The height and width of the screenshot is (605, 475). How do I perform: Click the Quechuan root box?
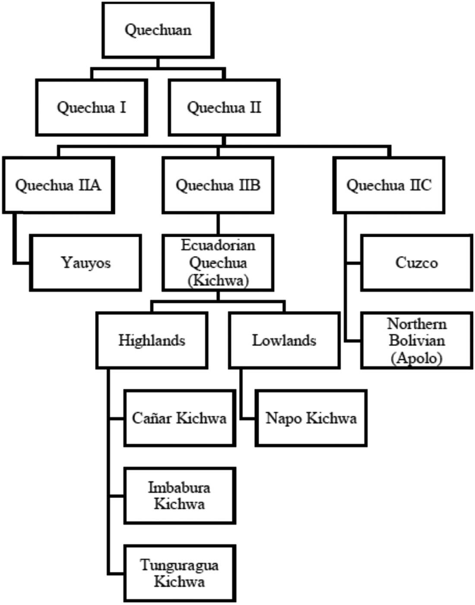(x=158, y=30)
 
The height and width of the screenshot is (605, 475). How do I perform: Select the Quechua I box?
(x=92, y=108)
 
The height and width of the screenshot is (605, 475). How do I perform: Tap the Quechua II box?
(x=224, y=108)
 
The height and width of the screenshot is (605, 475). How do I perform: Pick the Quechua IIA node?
(x=58, y=185)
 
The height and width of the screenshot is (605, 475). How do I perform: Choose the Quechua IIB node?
(x=218, y=185)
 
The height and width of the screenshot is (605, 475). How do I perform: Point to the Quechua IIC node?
(x=389, y=185)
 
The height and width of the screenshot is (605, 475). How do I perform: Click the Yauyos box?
(x=85, y=263)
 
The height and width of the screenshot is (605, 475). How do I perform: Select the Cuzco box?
(x=417, y=263)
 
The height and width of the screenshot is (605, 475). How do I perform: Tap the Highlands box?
(x=152, y=341)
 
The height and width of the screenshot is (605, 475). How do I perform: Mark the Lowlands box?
(x=285, y=341)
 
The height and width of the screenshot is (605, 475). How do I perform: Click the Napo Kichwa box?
(x=311, y=418)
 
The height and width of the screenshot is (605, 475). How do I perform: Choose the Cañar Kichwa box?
(x=180, y=418)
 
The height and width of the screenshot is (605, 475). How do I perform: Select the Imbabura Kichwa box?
(x=180, y=496)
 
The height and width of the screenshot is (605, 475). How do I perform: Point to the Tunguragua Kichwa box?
(x=180, y=573)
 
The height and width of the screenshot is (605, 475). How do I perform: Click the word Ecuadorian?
(x=218, y=246)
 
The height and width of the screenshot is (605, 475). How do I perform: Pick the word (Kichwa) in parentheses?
(x=218, y=281)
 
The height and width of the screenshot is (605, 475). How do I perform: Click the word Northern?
(x=417, y=324)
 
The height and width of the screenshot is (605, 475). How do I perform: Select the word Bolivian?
(x=417, y=341)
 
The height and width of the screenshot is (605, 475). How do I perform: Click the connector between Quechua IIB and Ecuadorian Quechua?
(x=218, y=224)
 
